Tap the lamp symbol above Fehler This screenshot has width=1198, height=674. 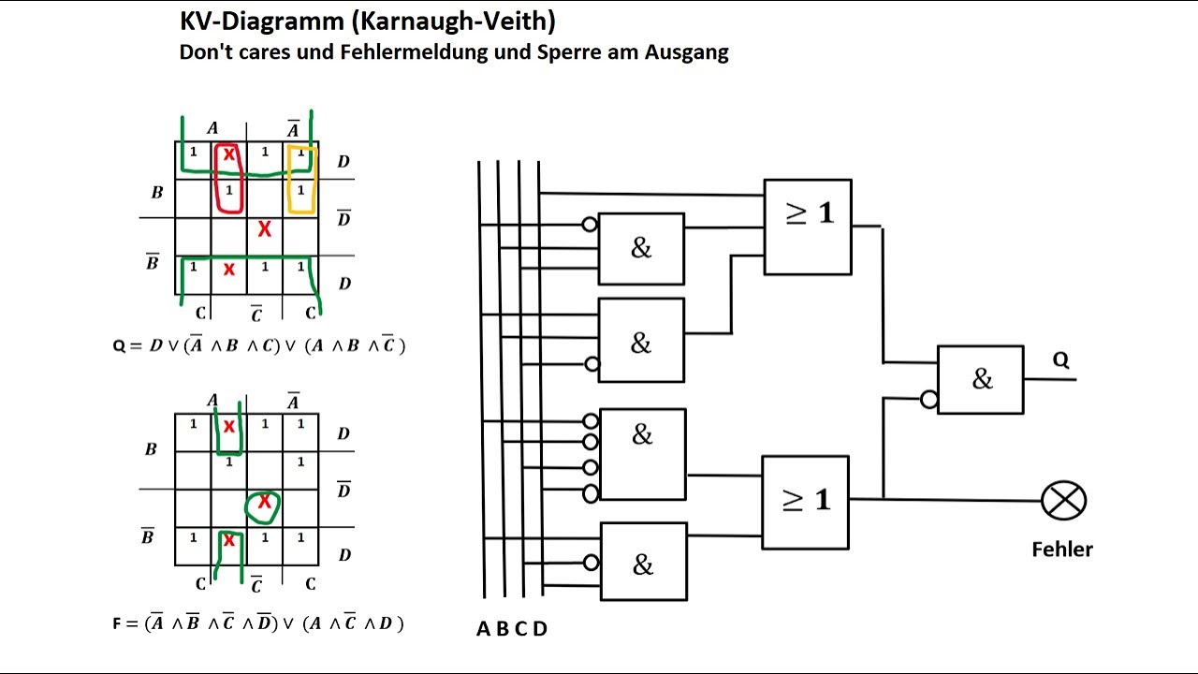(x=1064, y=500)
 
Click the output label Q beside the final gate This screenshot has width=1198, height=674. (x=1061, y=359)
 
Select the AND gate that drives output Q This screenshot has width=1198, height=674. (x=980, y=380)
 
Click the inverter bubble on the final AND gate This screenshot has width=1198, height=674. (x=929, y=399)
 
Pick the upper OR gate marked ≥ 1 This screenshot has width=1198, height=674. (x=808, y=227)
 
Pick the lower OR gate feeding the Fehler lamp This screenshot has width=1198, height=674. (x=805, y=503)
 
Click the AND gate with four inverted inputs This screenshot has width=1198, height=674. (x=642, y=455)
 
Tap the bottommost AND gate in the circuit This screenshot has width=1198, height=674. (x=643, y=562)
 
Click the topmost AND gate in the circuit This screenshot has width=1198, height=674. (x=641, y=249)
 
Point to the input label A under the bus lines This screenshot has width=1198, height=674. (x=483, y=629)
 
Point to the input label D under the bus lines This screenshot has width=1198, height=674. (x=540, y=629)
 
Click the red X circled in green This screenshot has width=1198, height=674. (x=264, y=502)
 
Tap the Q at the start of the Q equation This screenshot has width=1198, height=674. (x=119, y=346)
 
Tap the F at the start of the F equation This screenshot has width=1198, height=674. (x=117, y=623)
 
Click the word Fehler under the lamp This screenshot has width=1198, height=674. (x=1062, y=549)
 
